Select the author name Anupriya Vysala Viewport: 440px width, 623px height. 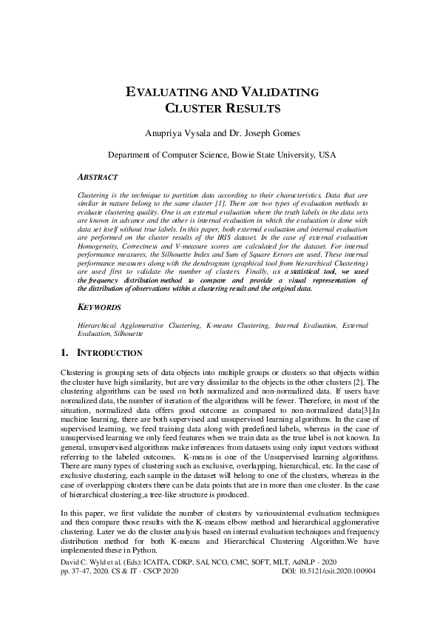(180, 133)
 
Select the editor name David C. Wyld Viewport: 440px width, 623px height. (82, 563)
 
